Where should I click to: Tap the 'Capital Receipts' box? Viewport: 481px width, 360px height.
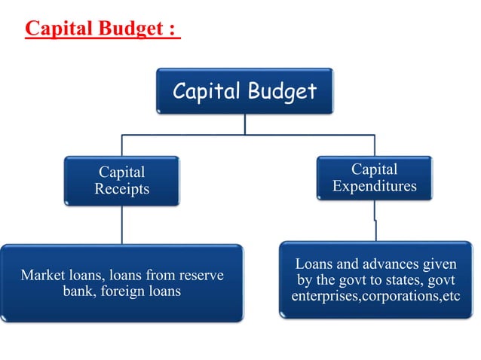tap(121, 181)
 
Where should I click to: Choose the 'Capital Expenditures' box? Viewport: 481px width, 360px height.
tap(375, 178)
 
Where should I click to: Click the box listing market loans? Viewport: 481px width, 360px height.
tap(121, 283)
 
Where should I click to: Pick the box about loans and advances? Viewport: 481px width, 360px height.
tap(375, 279)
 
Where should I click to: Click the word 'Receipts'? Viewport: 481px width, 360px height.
tap(121, 189)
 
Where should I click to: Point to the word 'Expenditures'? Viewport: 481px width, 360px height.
tap(375, 186)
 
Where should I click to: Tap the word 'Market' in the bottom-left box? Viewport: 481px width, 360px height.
tap(44, 275)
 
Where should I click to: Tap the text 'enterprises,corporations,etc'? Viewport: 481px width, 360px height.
tap(375, 295)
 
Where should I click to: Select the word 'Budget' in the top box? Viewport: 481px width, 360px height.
tap(280, 91)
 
